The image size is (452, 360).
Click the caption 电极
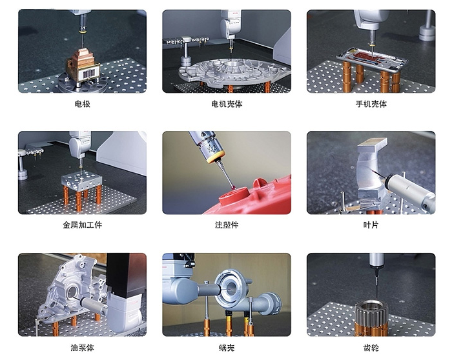(83, 104)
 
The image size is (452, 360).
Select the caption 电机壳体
(227, 104)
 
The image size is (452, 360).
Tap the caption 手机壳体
(371, 104)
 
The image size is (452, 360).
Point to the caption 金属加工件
(83, 225)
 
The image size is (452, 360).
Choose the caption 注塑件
(227, 225)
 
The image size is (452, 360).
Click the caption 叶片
(371, 225)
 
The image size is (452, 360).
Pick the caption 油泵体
(83, 348)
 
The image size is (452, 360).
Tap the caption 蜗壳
(227, 348)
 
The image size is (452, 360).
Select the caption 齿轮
(371, 348)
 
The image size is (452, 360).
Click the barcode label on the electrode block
(89, 74)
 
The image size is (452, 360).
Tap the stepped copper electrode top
(83, 58)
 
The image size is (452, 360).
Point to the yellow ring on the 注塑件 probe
(216, 157)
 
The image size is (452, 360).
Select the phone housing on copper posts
(372, 60)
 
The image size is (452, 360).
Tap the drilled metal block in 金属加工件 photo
(82, 181)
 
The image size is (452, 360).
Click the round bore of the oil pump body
(71, 292)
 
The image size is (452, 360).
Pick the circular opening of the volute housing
(230, 288)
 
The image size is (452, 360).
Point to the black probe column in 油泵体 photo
(127, 275)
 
